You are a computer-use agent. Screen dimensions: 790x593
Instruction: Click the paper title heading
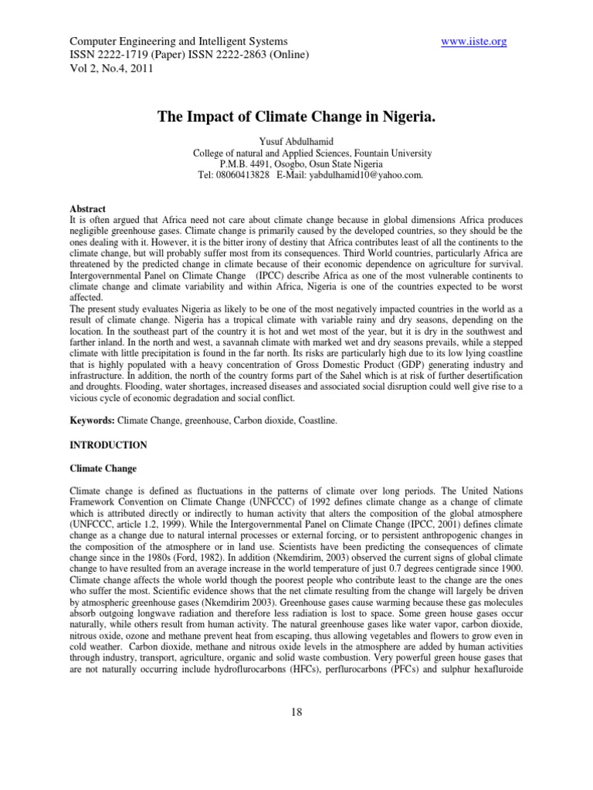pos(296,117)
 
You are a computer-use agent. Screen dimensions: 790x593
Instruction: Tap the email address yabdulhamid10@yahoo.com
pos(362,175)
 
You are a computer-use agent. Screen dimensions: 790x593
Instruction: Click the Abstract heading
pos(87,208)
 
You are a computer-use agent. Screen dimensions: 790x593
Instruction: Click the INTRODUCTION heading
pos(108,445)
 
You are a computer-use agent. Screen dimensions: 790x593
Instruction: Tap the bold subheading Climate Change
pos(103,468)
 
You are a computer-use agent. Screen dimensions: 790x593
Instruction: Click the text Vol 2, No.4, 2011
pos(111,68)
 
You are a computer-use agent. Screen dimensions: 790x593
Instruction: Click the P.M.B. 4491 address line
pos(296,164)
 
